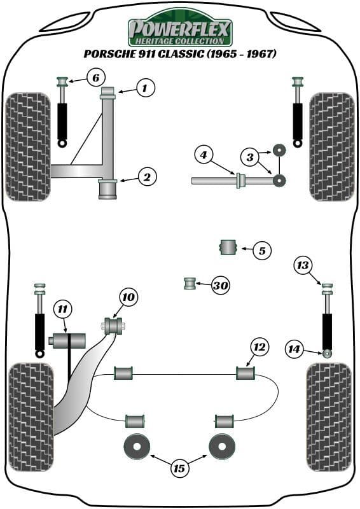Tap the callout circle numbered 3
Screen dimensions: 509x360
(x=250, y=157)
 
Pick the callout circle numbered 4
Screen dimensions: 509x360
(x=203, y=155)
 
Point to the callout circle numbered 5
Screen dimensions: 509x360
(x=261, y=251)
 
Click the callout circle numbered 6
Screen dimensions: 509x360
(x=94, y=79)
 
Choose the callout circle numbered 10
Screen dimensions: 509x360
(x=128, y=297)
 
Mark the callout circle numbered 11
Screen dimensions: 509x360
(x=62, y=310)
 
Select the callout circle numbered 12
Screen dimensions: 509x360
(x=260, y=347)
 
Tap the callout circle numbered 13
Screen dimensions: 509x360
(x=304, y=265)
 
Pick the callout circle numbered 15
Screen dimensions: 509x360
(x=179, y=468)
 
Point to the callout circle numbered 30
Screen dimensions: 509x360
(x=220, y=286)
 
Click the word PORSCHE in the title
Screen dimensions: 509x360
(x=109, y=55)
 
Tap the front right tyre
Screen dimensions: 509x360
(x=331, y=146)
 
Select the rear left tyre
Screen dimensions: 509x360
(x=30, y=417)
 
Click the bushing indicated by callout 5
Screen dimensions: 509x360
(x=228, y=247)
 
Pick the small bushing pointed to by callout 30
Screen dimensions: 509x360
(x=189, y=283)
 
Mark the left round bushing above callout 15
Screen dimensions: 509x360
(x=136, y=447)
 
